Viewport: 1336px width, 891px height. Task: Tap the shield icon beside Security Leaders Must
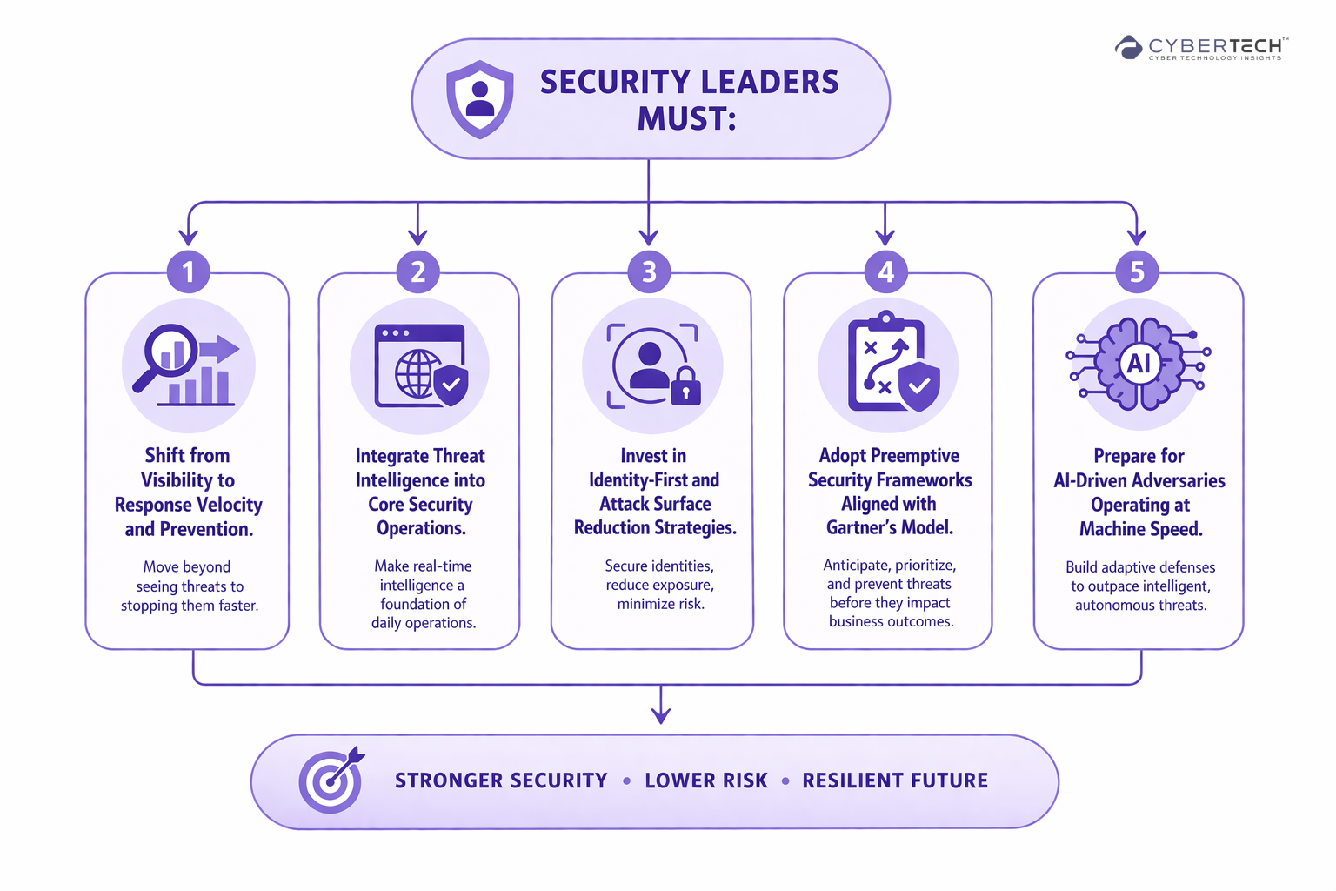pyautogui.click(x=479, y=98)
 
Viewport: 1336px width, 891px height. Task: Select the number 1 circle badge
pyautogui.click(x=188, y=271)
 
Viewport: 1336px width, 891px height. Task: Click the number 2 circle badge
pyautogui.click(x=418, y=271)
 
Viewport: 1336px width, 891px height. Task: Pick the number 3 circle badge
pyautogui.click(x=649, y=271)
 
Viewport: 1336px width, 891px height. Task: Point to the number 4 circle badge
pyautogui.click(x=885, y=271)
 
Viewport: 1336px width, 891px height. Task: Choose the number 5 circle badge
pyautogui.click(x=1137, y=271)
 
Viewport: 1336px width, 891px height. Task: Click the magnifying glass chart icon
pyautogui.click(x=186, y=365)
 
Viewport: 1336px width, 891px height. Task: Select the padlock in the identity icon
pyautogui.click(x=685, y=385)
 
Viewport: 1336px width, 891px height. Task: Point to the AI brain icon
pyautogui.click(x=1139, y=364)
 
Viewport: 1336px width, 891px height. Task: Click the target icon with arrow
pyautogui.click(x=331, y=780)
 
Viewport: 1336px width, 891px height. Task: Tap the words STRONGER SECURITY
pyautogui.click(x=501, y=780)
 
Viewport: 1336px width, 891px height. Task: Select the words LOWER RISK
pyautogui.click(x=706, y=780)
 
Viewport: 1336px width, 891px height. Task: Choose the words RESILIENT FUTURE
pyautogui.click(x=895, y=780)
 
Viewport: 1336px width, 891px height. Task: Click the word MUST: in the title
pyautogui.click(x=687, y=118)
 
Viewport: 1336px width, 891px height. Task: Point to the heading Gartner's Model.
pyautogui.click(x=890, y=527)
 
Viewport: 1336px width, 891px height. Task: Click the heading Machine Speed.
pyautogui.click(x=1140, y=529)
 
